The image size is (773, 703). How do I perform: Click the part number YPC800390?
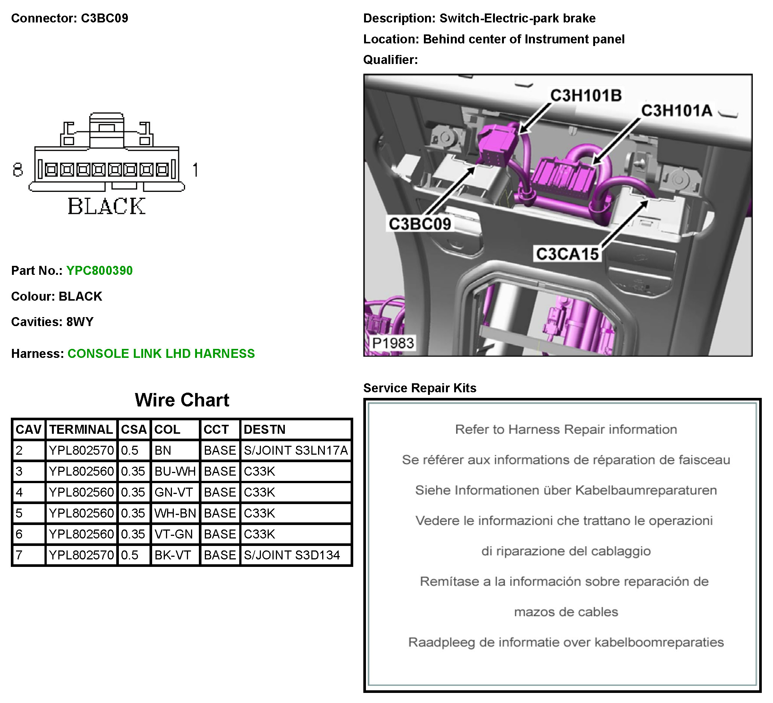tap(99, 271)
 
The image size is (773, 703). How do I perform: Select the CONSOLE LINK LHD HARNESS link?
tap(161, 354)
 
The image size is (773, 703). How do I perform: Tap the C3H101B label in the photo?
tap(585, 95)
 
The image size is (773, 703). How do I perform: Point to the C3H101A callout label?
tap(677, 111)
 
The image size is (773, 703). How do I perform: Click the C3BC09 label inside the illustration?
tap(420, 224)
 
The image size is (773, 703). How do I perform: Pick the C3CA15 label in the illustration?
tap(567, 254)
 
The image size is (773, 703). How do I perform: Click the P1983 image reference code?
tap(393, 343)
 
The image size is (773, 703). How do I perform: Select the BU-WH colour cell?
tap(175, 472)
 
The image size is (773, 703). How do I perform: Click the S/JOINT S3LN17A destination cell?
tap(296, 450)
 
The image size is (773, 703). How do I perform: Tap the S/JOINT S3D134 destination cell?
tap(292, 555)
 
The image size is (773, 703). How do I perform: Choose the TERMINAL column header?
tap(81, 430)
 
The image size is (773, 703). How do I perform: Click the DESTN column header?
tap(265, 430)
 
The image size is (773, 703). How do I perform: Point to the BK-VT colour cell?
tap(173, 555)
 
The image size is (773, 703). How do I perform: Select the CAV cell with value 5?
tap(19, 513)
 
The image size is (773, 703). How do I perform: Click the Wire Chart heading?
tap(182, 400)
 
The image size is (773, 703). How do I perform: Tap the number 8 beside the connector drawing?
tap(18, 170)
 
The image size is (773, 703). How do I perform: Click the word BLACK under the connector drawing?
tap(107, 206)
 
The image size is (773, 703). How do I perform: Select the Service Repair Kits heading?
tap(419, 388)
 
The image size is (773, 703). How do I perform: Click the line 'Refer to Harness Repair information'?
tap(566, 430)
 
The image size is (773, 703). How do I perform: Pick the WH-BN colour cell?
tap(175, 513)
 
